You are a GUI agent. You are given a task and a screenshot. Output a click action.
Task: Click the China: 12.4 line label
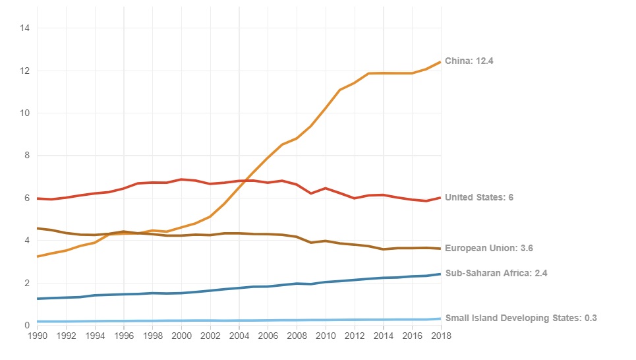pos(469,61)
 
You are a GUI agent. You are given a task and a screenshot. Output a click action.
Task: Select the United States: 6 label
pos(479,197)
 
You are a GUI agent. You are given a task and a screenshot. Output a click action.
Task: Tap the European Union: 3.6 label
pos(489,249)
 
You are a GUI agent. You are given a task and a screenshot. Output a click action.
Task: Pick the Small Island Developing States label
pos(521,318)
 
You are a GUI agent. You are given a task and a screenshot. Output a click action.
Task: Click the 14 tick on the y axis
pos(26,28)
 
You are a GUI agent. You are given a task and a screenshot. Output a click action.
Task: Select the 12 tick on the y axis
pos(26,71)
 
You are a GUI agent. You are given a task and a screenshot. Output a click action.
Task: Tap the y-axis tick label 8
pos(28,156)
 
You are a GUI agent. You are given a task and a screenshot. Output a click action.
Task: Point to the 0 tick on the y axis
pos(28,325)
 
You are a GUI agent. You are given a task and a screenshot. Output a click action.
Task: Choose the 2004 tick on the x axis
pos(239,336)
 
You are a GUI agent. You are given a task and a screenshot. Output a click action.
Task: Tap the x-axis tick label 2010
pos(325,336)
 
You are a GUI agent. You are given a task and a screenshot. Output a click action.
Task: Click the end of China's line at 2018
pos(440,62)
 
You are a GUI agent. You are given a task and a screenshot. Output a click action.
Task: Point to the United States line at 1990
pos(38,198)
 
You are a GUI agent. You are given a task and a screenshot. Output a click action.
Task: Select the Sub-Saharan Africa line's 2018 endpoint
pos(440,274)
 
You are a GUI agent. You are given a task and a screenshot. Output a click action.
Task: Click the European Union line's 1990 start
pos(38,228)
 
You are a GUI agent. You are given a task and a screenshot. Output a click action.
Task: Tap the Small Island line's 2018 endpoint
pos(440,318)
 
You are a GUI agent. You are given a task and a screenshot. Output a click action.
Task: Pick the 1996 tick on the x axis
pos(124,336)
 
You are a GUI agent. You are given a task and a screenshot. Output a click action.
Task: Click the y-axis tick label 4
pos(28,241)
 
